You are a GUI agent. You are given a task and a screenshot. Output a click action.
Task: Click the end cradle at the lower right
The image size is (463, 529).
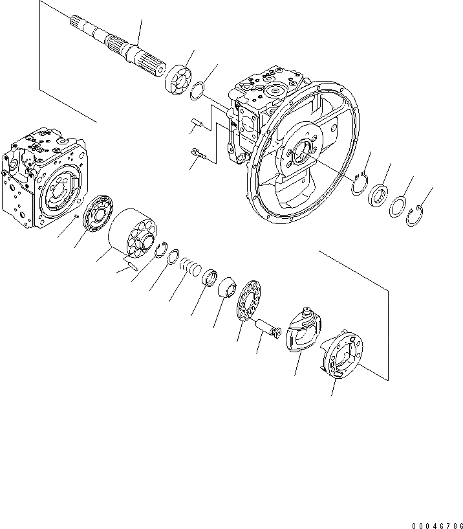point(343,354)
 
